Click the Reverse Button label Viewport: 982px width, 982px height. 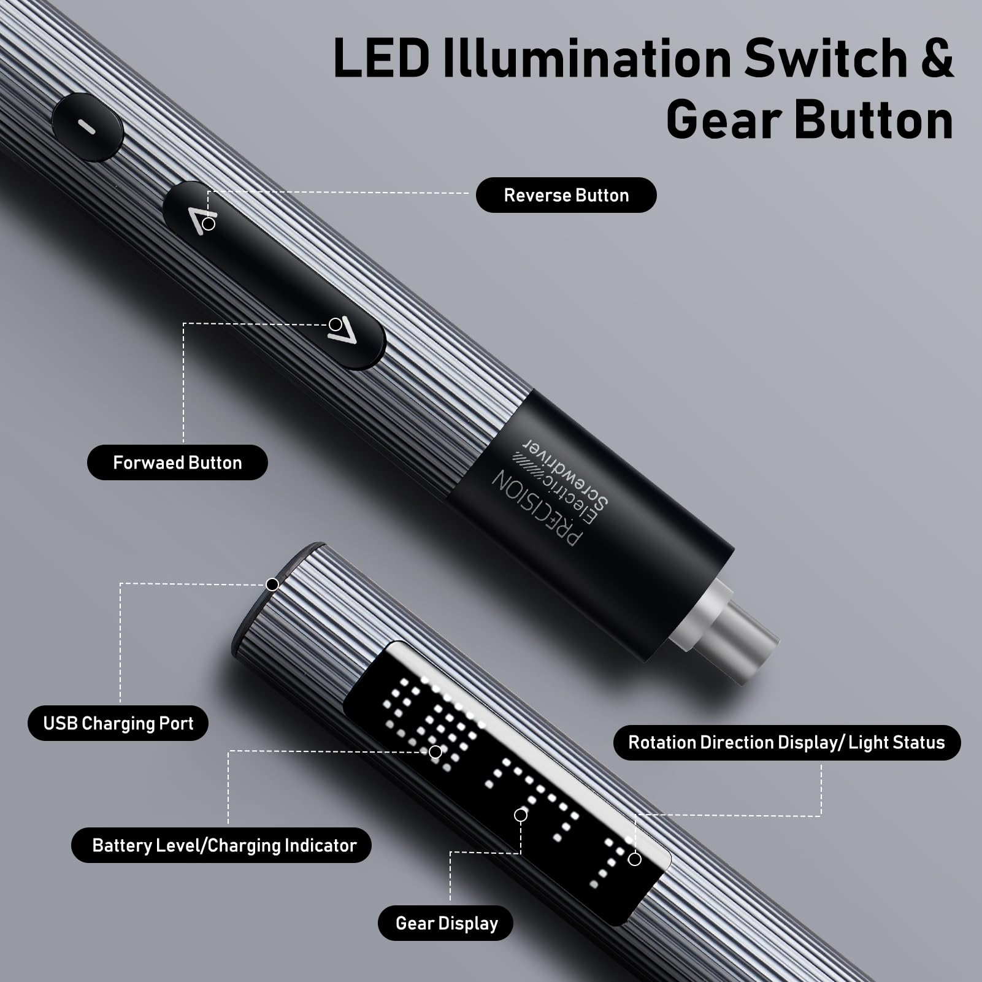point(566,195)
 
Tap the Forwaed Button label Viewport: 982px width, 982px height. point(177,462)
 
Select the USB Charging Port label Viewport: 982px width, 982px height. point(118,723)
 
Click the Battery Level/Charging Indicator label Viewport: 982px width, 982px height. point(224,845)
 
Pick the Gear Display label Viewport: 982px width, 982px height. point(446,923)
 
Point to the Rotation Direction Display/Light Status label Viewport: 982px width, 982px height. point(786,742)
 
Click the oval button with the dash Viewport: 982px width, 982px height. point(88,127)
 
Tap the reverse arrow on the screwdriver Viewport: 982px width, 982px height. point(201,221)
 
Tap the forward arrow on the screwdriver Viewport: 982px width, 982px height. point(342,331)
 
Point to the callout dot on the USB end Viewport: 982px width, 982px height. point(272,585)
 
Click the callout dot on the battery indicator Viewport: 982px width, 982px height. point(435,752)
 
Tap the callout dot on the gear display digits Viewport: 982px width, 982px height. point(521,815)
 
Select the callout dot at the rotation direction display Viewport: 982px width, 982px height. point(635,859)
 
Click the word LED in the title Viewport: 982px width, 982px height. point(382,59)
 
